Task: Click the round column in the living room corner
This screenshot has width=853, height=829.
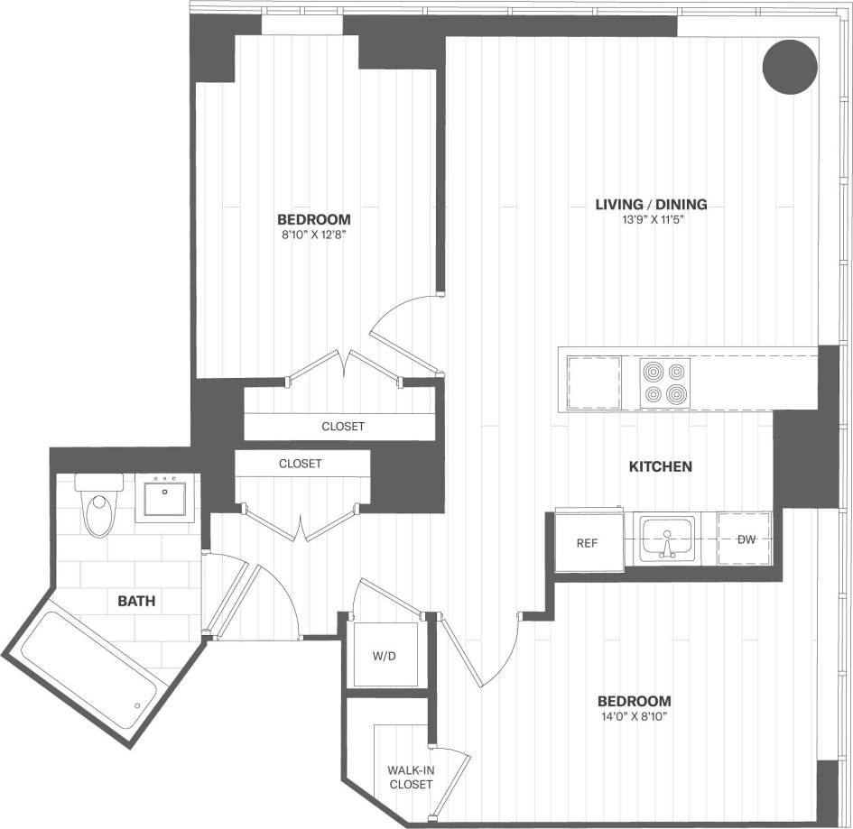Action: coord(791,66)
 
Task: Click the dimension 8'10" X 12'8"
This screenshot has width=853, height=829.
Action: coord(313,235)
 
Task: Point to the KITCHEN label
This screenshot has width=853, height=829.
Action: coord(661,466)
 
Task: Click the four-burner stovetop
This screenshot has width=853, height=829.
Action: coord(665,382)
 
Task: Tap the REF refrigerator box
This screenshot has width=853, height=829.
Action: coord(589,543)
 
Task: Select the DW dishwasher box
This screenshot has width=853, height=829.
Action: coord(746,539)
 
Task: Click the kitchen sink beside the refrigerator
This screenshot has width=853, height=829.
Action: coord(667,538)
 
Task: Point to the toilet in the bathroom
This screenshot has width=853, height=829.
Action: coord(97,507)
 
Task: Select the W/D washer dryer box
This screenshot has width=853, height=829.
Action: coord(385,656)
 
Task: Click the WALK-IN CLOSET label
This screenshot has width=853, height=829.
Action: coord(411,778)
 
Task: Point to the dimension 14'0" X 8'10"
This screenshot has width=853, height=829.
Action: coord(635,717)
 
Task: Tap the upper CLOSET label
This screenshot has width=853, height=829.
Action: coord(343,427)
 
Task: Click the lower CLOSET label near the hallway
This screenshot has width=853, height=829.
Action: coord(301,464)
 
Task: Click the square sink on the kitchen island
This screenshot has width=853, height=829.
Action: coord(594,382)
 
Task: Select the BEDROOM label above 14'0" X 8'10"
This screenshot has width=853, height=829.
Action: coord(635,701)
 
